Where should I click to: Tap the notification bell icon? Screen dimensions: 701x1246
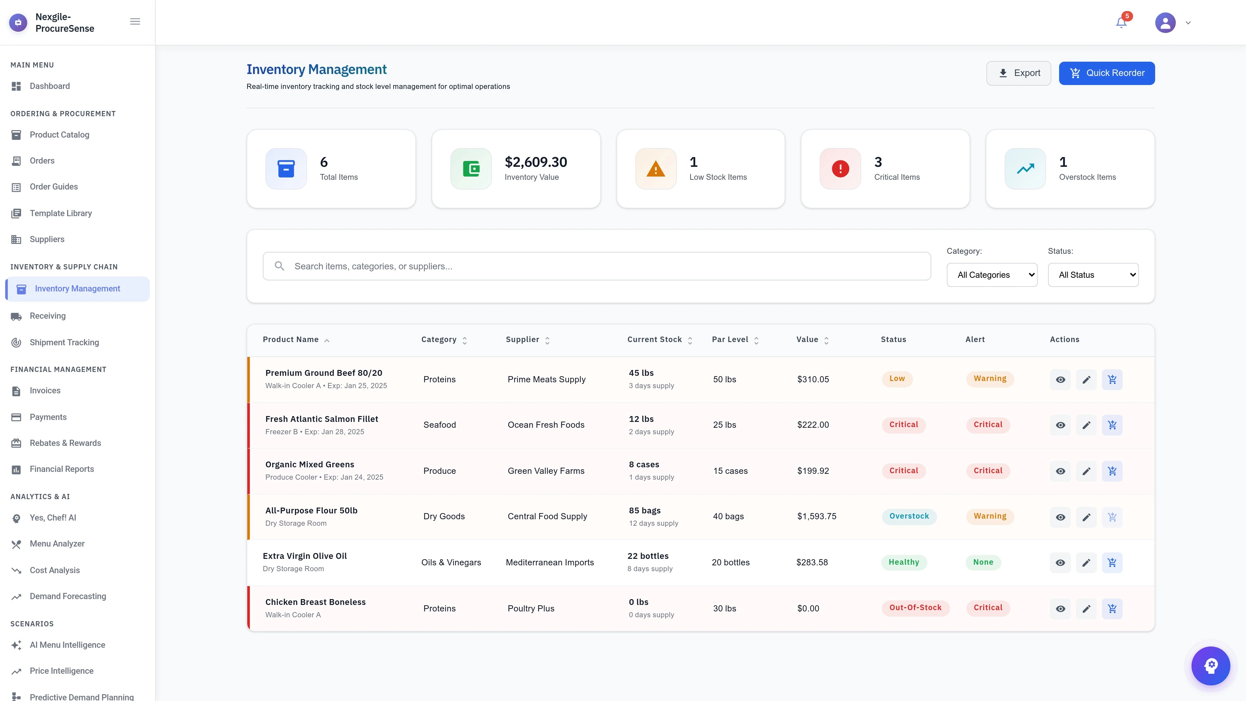tap(1121, 23)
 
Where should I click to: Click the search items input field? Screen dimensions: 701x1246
tap(596, 266)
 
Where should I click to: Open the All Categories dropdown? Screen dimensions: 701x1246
tap(992, 275)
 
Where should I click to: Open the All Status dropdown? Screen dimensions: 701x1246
tap(1093, 275)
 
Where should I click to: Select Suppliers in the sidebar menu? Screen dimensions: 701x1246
tap(47, 239)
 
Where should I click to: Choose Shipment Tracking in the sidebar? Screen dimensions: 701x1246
tap(64, 342)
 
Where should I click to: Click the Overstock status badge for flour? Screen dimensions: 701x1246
tap(909, 516)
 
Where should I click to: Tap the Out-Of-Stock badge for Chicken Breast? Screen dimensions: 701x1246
tap(915, 608)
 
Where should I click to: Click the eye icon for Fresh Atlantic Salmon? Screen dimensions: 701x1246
tap(1060, 425)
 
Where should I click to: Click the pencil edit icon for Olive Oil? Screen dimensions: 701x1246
tap(1086, 563)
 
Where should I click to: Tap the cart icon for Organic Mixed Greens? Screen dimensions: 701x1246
tap(1112, 471)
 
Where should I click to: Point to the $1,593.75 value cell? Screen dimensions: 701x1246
tap(816, 516)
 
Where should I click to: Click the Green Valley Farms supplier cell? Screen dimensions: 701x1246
tap(545, 471)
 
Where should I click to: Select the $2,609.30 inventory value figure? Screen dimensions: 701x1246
tap(535, 162)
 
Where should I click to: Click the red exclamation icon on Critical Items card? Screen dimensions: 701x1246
tap(840, 169)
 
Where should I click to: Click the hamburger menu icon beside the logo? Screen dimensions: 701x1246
tap(135, 21)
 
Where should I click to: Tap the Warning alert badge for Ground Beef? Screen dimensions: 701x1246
tap(990, 379)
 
